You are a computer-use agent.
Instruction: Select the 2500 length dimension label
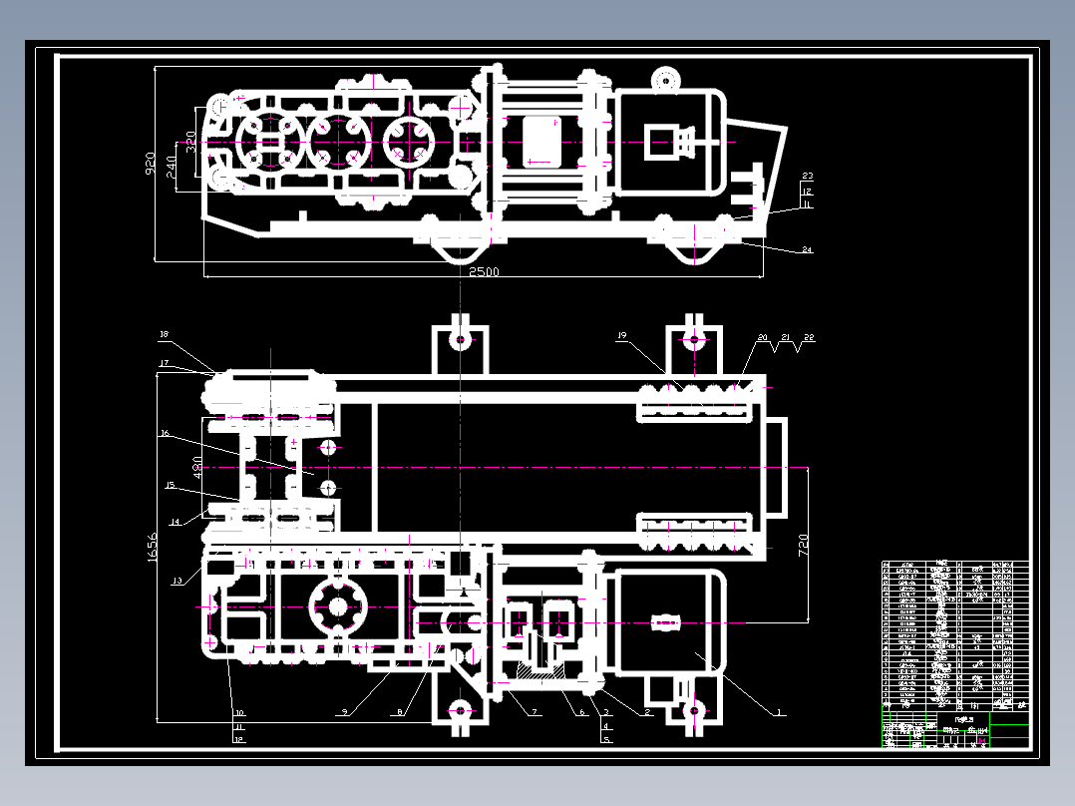pos(484,271)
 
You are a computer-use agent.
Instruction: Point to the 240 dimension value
pos(172,162)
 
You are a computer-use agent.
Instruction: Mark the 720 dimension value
pos(804,545)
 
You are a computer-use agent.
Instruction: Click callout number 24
pos(807,249)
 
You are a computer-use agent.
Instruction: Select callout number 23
pos(807,177)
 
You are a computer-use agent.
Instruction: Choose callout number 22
pos(808,338)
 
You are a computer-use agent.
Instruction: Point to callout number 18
pos(165,334)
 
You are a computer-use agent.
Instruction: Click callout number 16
pos(166,434)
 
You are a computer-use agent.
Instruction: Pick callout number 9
pos(343,712)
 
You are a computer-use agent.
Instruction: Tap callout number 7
pos(535,712)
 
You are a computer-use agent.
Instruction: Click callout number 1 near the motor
pos(780,712)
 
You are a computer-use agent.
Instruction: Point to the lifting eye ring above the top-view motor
pos(664,79)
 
